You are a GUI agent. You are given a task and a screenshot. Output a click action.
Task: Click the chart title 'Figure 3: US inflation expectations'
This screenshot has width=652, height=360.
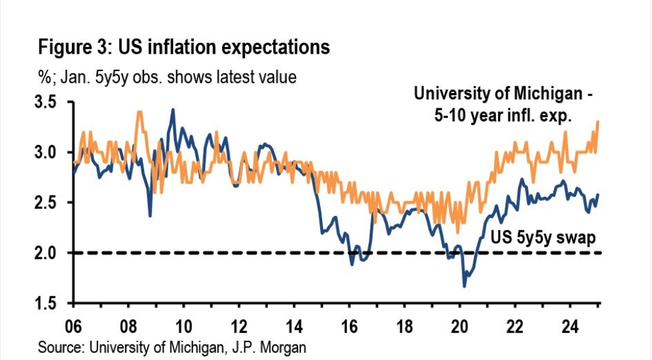coord(184,48)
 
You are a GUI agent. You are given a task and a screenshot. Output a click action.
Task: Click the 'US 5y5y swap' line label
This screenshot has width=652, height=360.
coord(542,237)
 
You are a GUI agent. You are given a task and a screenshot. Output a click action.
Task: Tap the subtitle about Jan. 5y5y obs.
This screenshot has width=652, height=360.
coord(167,77)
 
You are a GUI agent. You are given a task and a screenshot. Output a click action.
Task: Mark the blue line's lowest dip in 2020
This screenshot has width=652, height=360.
coord(464,286)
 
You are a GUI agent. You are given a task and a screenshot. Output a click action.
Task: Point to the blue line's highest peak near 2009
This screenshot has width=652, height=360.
coord(172,110)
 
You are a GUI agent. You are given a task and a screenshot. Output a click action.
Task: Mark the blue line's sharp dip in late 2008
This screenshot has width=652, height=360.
coord(150,215)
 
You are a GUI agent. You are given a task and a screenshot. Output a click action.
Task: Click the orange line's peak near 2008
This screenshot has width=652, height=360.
coord(140,112)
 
